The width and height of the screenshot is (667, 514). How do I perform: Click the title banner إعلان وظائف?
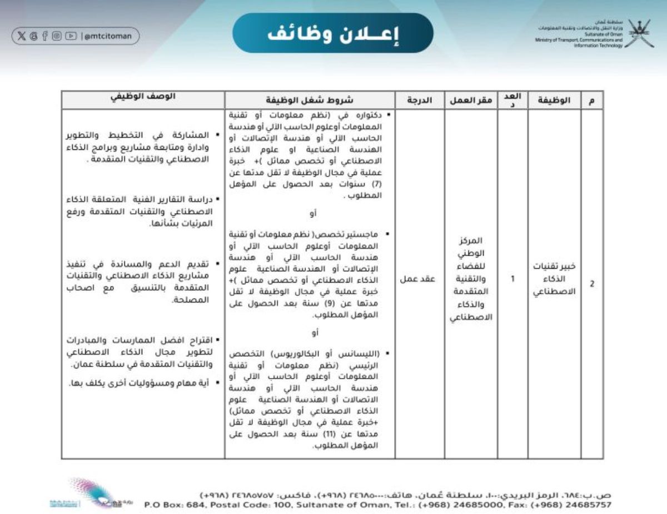click(332, 34)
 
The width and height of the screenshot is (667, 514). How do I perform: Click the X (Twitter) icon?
click(22, 36)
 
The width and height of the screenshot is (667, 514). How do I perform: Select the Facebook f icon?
click(45, 36)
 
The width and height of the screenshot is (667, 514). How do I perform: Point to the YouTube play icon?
click(70, 36)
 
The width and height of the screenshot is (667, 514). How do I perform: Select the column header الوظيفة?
click(554, 100)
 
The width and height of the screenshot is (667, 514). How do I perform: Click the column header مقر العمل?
click(471, 100)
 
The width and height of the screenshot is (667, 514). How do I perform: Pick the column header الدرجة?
click(419, 100)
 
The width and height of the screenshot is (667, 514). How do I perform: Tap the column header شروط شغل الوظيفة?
click(309, 100)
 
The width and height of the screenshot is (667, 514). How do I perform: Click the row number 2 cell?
click(592, 284)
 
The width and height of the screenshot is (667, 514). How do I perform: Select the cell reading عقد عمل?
click(419, 279)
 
